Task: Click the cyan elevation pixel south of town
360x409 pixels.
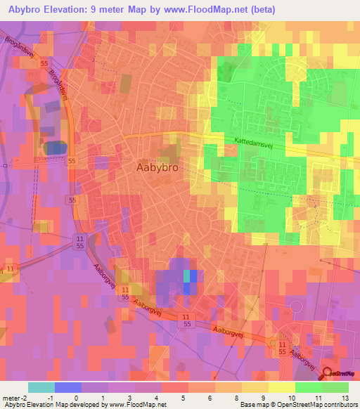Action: click(x=187, y=275)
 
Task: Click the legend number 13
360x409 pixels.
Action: click(x=345, y=398)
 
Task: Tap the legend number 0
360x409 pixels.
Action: click(x=75, y=398)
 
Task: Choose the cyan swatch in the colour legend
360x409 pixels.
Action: click(x=41, y=387)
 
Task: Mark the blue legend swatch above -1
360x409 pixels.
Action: click(x=67, y=387)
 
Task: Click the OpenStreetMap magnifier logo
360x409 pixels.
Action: click(x=328, y=375)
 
